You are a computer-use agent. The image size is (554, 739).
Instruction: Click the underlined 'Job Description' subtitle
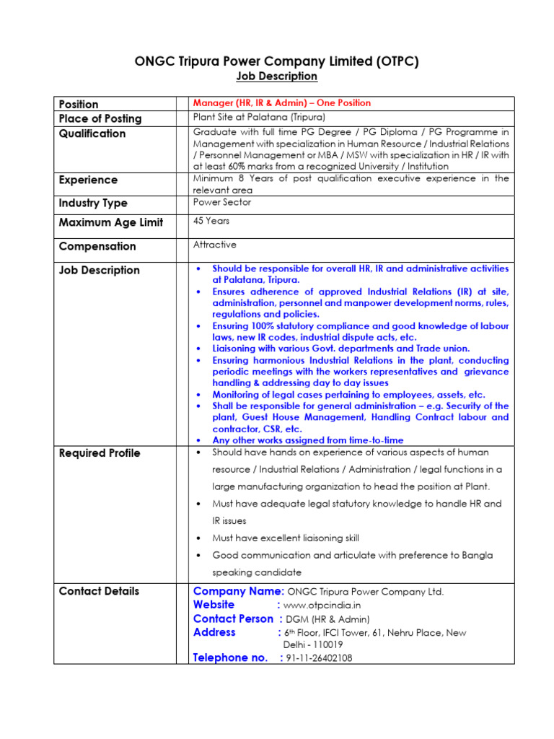[277, 76]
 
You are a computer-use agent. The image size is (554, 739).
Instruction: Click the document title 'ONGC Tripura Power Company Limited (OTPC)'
[277, 61]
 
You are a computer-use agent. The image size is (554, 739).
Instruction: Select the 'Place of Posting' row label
[100, 118]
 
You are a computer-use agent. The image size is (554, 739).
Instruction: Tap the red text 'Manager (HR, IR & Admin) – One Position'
[282, 103]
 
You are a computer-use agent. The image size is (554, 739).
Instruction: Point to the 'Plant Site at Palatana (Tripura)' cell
[259, 117]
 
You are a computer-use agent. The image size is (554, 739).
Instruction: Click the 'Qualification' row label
[92, 134]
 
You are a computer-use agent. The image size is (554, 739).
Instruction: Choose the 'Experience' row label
[88, 180]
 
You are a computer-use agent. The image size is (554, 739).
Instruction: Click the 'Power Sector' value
[222, 203]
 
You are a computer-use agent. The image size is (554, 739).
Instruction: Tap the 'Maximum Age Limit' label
[111, 223]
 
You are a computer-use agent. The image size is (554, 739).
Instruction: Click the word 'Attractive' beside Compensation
[215, 245]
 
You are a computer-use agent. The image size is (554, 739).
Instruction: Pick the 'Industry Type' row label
[93, 204]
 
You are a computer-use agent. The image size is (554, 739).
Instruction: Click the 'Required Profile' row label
[100, 453]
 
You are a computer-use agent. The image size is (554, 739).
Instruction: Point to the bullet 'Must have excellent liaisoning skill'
[285, 538]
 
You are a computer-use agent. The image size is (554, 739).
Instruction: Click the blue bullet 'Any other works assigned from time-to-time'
[307, 440]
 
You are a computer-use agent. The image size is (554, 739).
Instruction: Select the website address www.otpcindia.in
[322, 605]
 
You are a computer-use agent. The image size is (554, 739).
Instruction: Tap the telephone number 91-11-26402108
[320, 658]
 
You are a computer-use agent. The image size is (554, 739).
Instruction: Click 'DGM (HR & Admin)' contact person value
[328, 619]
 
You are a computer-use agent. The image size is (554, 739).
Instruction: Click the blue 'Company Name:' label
[239, 592]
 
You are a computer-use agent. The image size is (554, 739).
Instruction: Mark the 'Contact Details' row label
[100, 591]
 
